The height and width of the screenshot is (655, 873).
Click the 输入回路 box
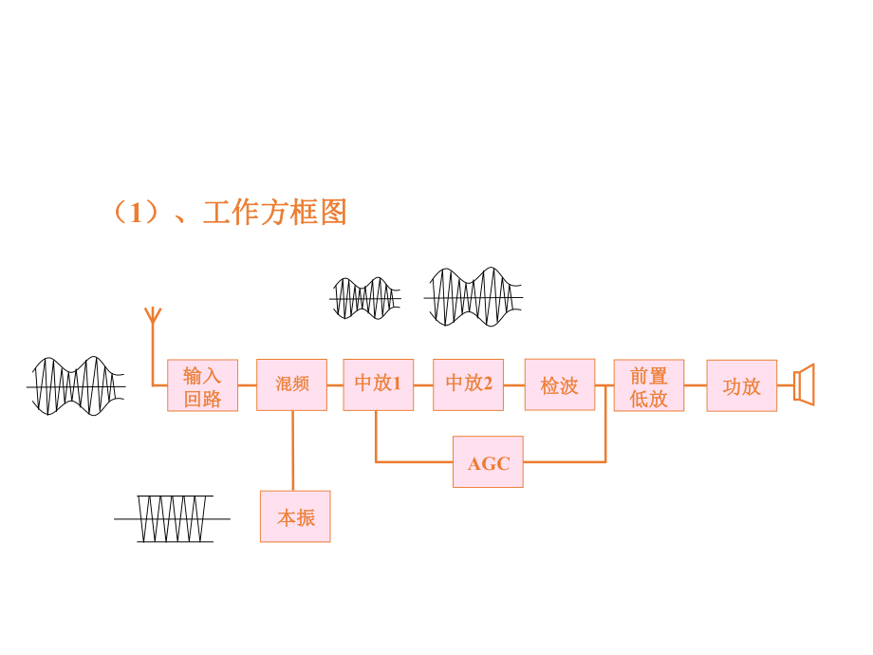coord(202,385)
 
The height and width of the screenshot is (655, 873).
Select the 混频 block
coord(291,384)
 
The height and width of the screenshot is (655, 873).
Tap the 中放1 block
coord(378,384)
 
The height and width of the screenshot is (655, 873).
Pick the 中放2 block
coord(468,384)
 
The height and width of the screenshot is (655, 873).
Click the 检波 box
coord(559,384)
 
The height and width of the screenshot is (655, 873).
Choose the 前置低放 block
coord(648,385)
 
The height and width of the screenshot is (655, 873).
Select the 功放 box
coord(741,385)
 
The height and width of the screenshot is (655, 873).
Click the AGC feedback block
coord(488,462)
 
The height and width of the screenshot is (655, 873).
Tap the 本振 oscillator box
coord(295,516)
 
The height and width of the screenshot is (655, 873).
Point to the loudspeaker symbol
coord(805,384)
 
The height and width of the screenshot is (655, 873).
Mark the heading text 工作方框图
coord(275,212)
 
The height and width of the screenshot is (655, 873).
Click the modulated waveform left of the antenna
coord(76,385)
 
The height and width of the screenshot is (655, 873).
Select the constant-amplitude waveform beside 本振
coord(173,518)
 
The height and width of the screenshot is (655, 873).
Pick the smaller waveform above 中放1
coord(365,298)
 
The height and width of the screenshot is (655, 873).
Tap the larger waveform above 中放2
coord(474,296)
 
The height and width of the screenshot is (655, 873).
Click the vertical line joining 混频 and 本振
coord(292,450)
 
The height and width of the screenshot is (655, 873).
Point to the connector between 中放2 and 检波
coord(513,384)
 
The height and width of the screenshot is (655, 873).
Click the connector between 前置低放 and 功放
coord(695,385)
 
